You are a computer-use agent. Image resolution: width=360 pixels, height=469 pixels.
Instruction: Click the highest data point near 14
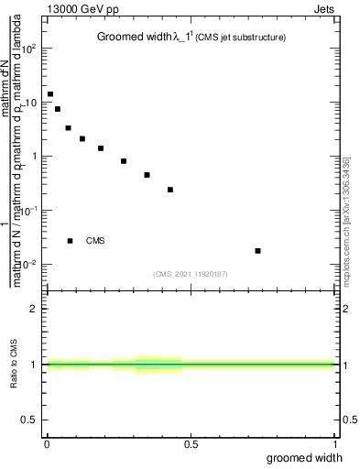coord(50,93)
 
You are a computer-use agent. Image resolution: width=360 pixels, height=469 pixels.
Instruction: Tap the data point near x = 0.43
coord(170,190)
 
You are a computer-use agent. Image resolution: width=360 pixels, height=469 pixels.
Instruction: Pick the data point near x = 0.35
coord(147,175)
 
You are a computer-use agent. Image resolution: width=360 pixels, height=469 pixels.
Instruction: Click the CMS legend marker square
coord(70,241)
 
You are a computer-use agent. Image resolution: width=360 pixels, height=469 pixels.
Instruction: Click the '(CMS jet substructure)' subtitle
coord(241,38)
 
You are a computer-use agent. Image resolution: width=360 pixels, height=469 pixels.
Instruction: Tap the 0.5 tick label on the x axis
coord(191,444)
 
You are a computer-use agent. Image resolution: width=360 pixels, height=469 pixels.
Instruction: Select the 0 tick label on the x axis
coord(47,444)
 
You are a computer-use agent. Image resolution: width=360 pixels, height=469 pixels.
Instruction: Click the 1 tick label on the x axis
coord(336,444)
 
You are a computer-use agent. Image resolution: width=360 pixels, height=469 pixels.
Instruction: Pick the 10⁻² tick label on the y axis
coord(27,264)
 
